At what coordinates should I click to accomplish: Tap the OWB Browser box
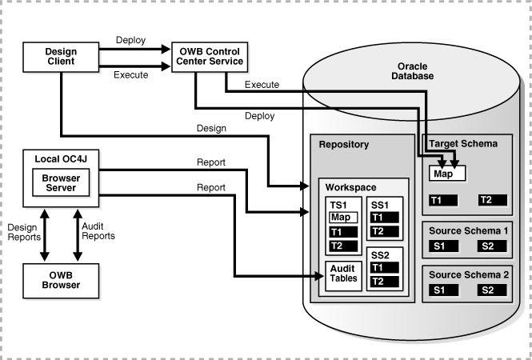[x=61, y=281]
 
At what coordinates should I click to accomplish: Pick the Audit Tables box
[x=342, y=274]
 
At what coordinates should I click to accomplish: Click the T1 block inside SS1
[x=382, y=218]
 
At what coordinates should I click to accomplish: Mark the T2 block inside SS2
[x=382, y=281]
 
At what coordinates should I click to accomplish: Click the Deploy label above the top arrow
[x=130, y=40]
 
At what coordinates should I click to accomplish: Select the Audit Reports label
[x=99, y=231]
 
